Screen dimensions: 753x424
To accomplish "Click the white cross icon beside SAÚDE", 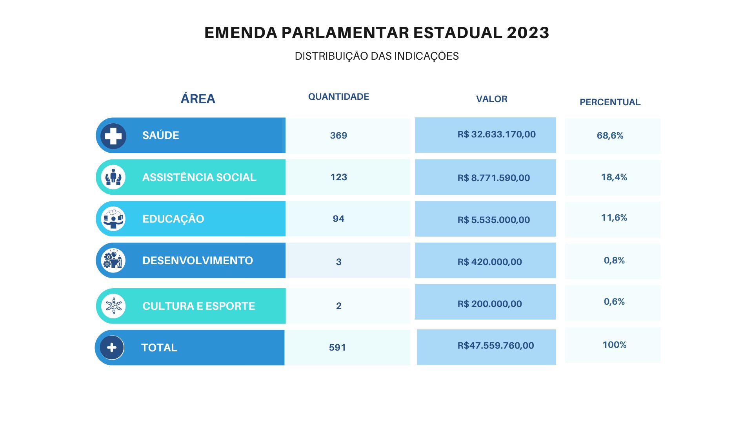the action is click(113, 136).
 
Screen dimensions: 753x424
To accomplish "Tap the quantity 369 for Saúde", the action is click(338, 135).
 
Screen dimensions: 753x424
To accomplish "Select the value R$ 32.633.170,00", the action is click(497, 134).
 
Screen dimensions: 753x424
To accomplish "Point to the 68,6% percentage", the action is click(610, 135).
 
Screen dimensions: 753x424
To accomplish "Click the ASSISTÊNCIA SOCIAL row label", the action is click(199, 177).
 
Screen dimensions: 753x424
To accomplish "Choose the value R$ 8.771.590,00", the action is click(494, 178).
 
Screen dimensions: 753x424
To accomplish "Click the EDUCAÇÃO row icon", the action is click(113, 219).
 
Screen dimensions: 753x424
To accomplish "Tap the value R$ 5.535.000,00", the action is click(494, 220).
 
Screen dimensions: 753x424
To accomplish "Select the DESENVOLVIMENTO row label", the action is click(198, 261).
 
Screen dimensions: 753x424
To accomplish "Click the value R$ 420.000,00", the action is click(490, 262).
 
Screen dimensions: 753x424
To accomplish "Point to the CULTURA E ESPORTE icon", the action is click(114, 306).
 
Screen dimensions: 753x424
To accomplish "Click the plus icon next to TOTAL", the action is click(112, 347).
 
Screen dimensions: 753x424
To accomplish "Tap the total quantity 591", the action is click(337, 347).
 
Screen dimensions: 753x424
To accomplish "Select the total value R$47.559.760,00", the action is click(496, 345).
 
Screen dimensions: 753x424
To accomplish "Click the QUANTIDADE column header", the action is click(338, 97).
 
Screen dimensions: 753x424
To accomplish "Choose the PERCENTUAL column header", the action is click(610, 102).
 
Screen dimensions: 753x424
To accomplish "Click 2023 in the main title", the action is click(528, 33).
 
